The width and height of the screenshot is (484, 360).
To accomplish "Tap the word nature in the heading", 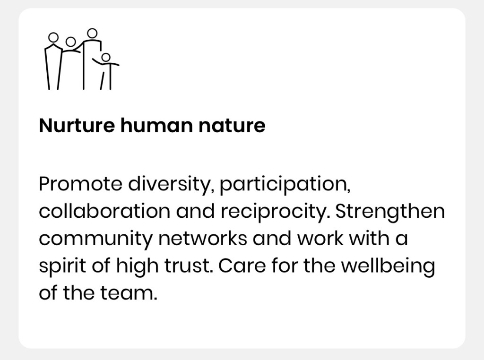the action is pos(232,126).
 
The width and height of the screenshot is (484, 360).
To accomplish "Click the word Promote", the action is pos(80,184).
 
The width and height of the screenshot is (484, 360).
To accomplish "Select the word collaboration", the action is pos(104,211).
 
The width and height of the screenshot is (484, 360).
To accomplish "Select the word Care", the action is pos(242,266).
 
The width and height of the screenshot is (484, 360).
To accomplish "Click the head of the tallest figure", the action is pos(92,33).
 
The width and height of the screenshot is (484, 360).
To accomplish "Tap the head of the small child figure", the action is pos(106,57).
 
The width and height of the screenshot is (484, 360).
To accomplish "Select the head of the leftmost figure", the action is pos(53,38).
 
